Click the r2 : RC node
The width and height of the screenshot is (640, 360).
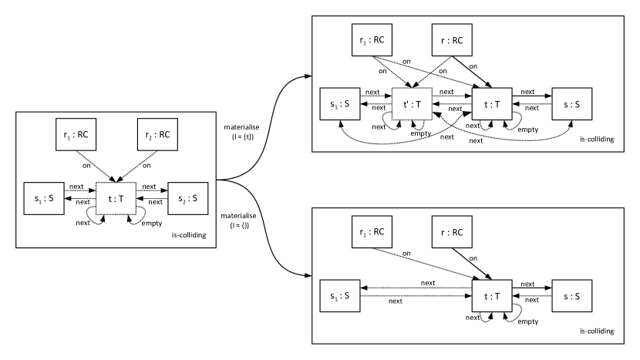(157, 135)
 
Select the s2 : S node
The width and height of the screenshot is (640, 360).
(187, 198)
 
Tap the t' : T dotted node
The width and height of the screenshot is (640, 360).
(412, 104)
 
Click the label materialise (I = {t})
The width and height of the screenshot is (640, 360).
(241, 133)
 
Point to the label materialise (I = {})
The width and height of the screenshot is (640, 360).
(239, 220)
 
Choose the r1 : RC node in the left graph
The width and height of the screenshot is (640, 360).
(76, 135)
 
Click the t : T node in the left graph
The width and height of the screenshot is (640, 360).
(116, 199)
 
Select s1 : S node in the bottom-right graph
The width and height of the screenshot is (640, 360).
(340, 296)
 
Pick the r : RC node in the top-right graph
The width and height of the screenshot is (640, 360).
(452, 40)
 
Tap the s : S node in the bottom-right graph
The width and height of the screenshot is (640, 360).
(572, 296)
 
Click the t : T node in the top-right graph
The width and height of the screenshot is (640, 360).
(492, 104)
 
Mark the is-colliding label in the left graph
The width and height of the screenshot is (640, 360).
(189, 235)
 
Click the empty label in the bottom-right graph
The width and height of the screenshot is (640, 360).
(528, 321)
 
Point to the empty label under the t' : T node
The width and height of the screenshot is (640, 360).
(421, 133)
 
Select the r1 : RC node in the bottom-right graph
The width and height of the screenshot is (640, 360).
(372, 232)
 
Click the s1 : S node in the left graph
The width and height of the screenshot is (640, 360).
(44, 198)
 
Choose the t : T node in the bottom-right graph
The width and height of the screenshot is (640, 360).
(492, 296)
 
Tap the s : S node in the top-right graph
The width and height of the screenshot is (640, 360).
(572, 104)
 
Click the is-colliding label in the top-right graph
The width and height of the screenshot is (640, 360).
(597, 140)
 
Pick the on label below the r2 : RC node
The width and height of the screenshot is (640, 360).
(147, 165)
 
